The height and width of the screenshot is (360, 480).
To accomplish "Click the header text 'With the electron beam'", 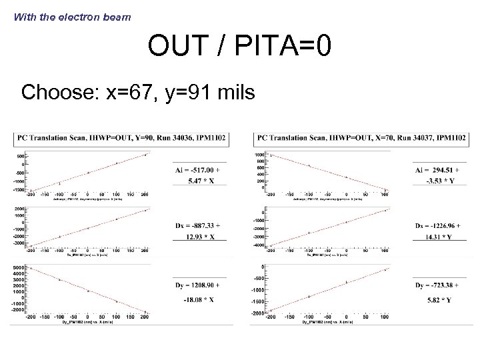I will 73,17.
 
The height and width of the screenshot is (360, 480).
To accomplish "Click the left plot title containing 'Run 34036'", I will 122,138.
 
